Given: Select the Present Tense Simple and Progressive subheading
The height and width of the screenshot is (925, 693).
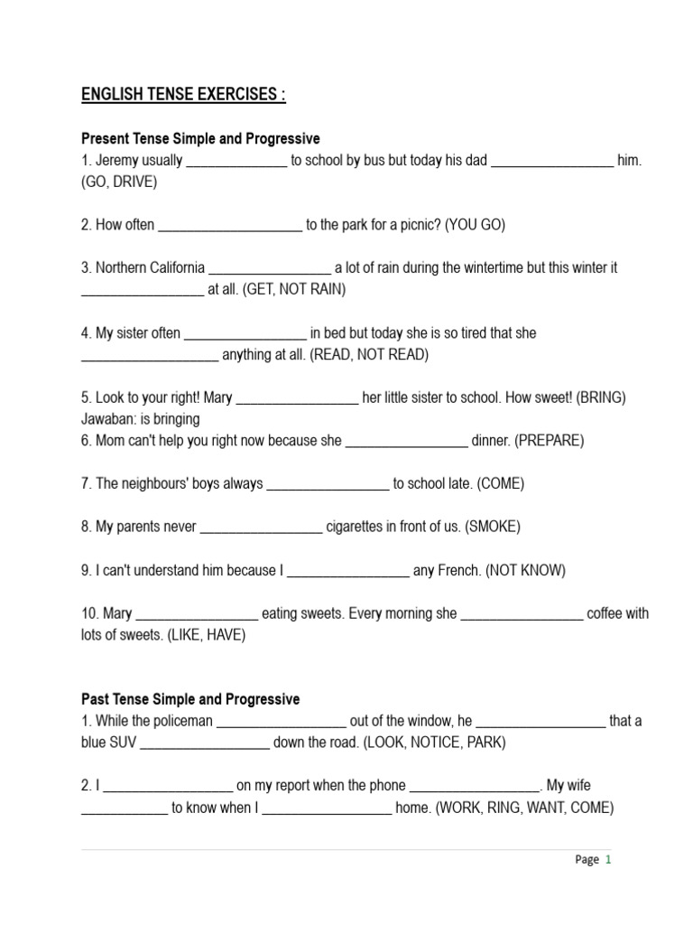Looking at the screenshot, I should [x=200, y=139].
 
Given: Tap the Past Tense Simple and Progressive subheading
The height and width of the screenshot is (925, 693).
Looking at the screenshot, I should [x=190, y=699].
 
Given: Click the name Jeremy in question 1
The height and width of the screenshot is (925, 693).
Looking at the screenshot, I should [x=118, y=161].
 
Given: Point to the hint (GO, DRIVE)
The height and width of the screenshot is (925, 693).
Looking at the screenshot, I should [x=119, y=182].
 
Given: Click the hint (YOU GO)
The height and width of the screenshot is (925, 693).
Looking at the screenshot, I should [x=475, y=225].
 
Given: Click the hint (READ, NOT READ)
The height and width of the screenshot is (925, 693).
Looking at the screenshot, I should [x=369, y=355].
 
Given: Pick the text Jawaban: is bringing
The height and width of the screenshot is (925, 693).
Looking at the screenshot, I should [x=141, y=419].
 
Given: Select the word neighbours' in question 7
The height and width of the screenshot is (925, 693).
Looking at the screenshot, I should [x=159, y=484].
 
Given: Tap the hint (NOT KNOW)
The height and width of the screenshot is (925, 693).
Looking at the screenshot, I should [x=525, y=570].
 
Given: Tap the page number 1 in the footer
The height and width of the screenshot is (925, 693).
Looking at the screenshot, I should [x=608, y=860].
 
